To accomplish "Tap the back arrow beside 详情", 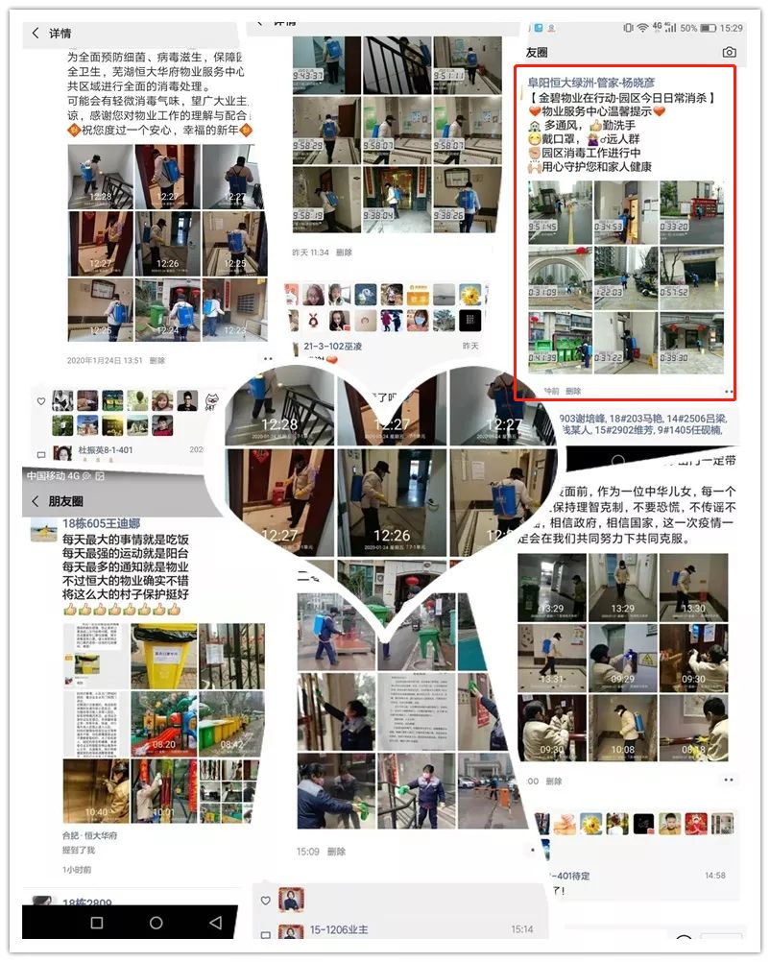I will click(36, 34).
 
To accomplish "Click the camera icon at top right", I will click(729, 52).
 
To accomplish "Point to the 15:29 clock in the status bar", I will click(731, 28).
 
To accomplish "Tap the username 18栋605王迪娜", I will click(101, 523).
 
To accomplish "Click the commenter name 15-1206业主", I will click(338, 930).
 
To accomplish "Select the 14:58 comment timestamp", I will click(714, 876).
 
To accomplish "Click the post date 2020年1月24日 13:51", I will click(105, 361).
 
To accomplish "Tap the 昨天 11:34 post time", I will click(310, 253).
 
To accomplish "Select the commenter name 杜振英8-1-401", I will click(93, 450).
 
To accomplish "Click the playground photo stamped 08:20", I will click(163, 720).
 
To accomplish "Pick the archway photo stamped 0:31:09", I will click(559, 277).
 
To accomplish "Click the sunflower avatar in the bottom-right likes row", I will click(592, 823).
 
